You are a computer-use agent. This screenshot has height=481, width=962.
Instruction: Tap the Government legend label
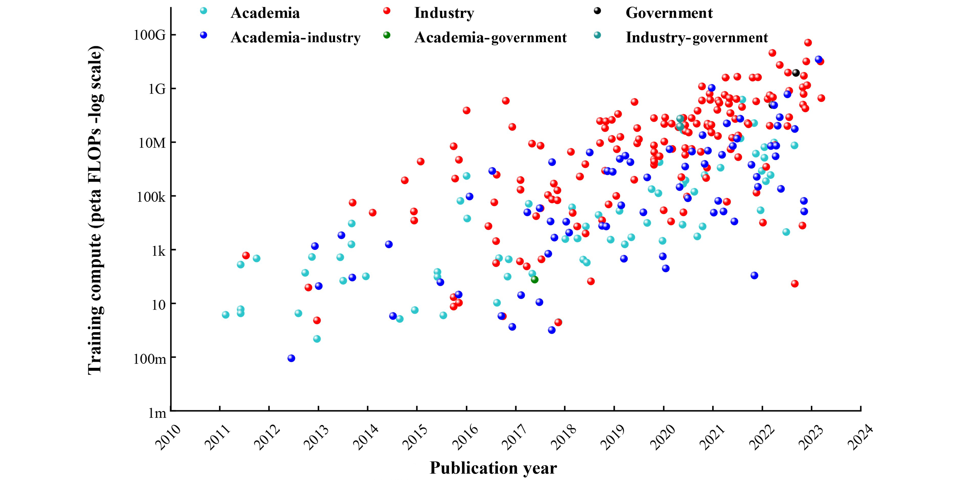tap(669, 13)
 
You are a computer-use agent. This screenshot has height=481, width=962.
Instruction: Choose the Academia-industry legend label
tap(295, 37)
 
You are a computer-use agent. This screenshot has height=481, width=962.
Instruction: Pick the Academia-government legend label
tap(490, 37)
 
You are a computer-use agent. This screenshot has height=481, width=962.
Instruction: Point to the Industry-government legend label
tap(697, 37)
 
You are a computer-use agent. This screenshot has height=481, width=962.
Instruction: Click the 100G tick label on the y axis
tap(149, 35)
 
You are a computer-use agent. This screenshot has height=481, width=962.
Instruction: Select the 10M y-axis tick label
tap(152, 143)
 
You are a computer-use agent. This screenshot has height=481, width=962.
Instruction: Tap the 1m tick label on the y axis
tap(157, 413)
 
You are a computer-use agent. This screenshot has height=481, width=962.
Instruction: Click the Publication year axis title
tap(493, 468)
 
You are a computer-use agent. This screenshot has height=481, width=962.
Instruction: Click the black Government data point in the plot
tap(796, 73)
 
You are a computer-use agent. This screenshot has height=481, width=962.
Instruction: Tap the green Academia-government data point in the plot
tap(534, 279)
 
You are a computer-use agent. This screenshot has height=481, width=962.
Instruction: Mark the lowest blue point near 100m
tap(291, 358)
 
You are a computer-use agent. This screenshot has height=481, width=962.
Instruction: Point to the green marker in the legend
tap(387, 35)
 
